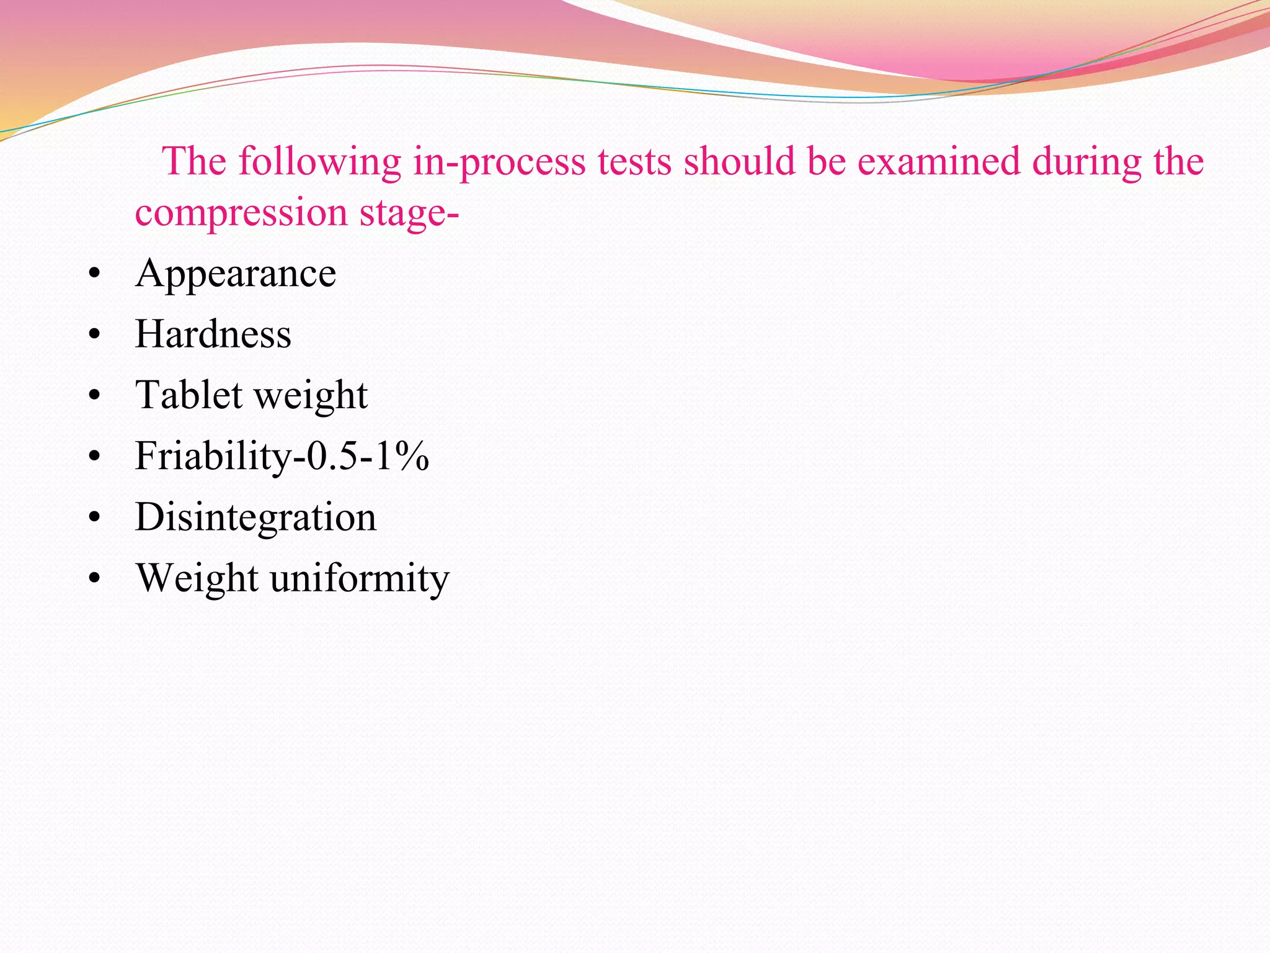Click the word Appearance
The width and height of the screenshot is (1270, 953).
pyautogui.click(x=236, y=274)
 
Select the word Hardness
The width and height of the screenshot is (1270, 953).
pyautogui.click(x=213, y=334)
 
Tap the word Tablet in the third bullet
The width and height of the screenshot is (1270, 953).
pyautogui.click(x=189, y=395)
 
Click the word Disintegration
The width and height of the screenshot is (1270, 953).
pyautogui.click(x=255, y=517)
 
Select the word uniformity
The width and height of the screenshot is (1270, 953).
pyautogui.click(x=360, y=579)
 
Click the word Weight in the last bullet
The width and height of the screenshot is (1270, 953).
pyautogui.click(x=197, y=579)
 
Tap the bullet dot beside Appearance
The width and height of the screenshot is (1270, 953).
pyautogui.click(x=94, y=274)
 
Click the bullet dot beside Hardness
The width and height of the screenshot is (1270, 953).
pyautogui.click(x=94, y=334)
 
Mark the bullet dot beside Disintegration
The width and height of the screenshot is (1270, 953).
pyautogui.click(x=94, y=517)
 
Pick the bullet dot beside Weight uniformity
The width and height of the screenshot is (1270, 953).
pyautogui.click(x=94, y=578)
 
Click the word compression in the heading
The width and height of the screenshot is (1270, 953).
pyautogui.click(x=241, y=213)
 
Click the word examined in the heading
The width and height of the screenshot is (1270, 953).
pyautogui.click(x=939, y=161)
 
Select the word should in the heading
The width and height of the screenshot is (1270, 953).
pyautogui.click(x=739, y=161)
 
